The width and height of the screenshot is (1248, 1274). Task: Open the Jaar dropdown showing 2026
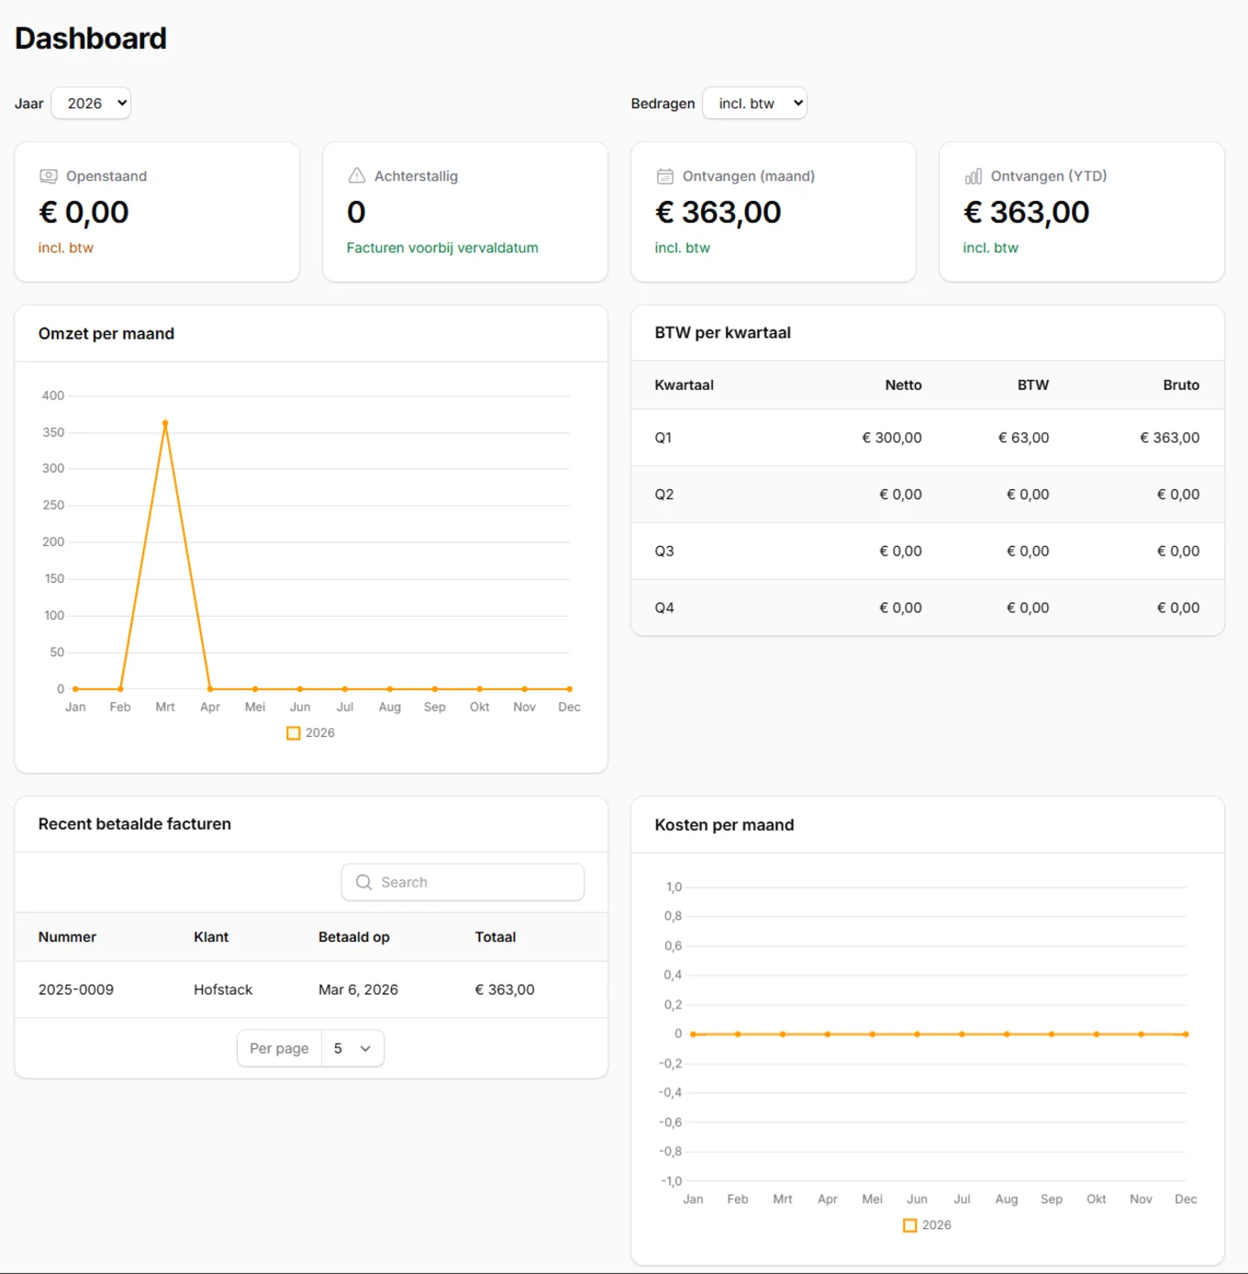[91, 104]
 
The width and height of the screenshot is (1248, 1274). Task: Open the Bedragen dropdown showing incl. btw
[754, 104]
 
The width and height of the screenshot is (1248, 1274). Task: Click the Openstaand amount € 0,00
[84, 213]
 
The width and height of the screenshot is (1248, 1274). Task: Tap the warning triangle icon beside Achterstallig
[357, 175]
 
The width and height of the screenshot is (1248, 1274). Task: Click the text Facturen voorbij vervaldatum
[442, 248]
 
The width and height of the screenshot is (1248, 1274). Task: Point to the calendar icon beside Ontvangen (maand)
[665, 176]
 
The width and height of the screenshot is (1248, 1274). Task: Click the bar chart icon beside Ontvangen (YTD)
[974, 176]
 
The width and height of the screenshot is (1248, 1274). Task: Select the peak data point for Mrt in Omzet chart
[165, 423]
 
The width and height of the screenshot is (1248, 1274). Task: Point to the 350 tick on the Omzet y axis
[53, 432]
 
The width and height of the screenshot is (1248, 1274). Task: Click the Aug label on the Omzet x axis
[389, 707]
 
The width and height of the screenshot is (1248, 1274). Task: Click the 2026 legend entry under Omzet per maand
[311, 732]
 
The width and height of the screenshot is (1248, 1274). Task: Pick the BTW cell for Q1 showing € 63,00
[1023, 438]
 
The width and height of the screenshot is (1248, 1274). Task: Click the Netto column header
[903, 386]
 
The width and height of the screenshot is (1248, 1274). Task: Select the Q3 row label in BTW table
[664, 551]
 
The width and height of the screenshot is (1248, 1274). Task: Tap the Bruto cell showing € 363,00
[1169, 438]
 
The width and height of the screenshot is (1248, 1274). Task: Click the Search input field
[462, 882]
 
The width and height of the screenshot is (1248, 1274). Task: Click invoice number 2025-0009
[76, 989]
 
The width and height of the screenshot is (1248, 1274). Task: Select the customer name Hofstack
[223, 989]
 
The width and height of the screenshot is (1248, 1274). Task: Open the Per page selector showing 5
[352, 1048]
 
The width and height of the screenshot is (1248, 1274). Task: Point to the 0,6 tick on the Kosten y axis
[673, 945]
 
